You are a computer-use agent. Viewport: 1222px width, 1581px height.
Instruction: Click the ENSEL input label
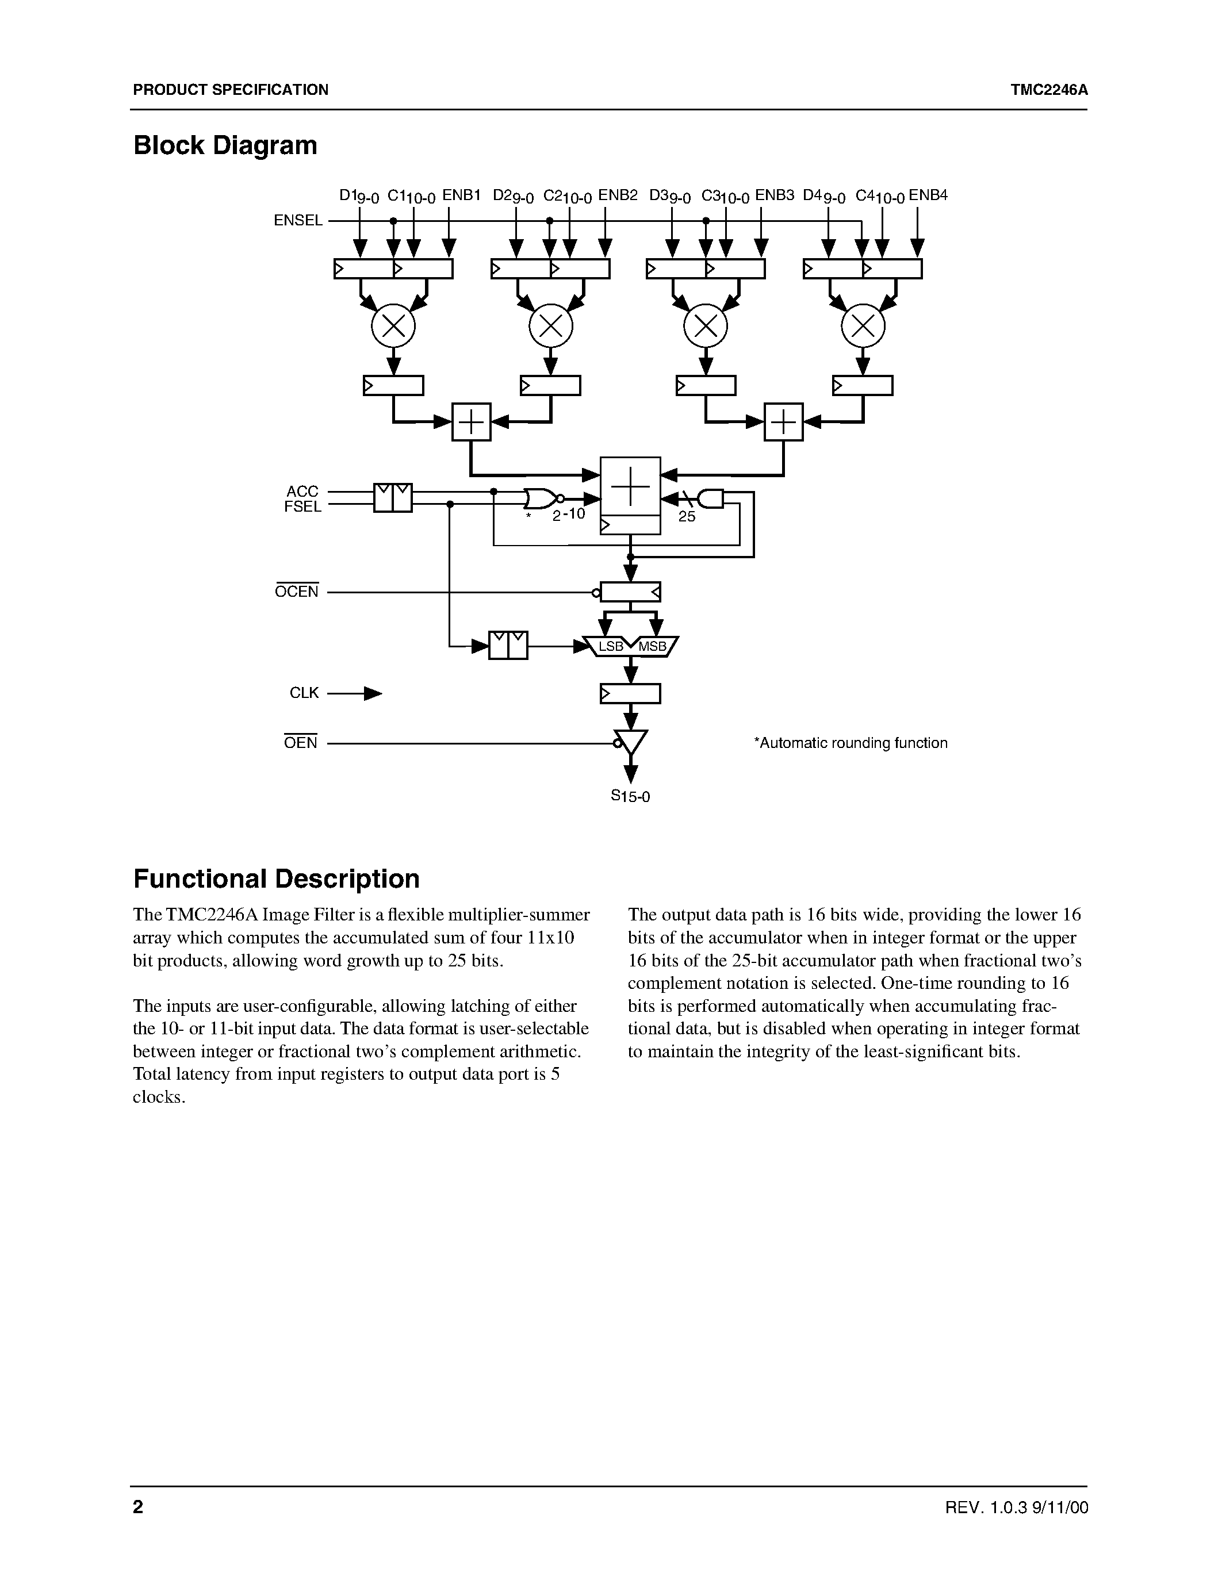297,221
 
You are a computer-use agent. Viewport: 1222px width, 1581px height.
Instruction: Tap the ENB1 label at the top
461,195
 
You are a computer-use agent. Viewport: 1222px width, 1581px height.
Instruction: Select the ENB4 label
928,195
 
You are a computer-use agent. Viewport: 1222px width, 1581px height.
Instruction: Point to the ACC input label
302,492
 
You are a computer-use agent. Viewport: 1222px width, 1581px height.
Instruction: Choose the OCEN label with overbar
297,592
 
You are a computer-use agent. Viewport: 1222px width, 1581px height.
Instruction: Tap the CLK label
304,693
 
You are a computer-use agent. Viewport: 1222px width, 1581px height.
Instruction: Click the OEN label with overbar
300,743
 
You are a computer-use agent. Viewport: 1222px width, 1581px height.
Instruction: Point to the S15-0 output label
630,796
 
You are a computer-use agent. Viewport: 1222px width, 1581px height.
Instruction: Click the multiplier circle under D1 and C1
393,327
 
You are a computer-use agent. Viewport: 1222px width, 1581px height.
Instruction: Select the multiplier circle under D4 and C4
863,327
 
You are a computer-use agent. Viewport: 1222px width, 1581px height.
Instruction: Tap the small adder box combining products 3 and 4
784,421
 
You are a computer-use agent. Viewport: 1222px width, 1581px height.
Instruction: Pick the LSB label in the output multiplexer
611,646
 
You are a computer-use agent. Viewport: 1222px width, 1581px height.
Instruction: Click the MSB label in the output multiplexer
652,646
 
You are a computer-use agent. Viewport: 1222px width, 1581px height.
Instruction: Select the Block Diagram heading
225,145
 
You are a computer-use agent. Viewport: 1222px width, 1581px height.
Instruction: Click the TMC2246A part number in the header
1049,90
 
